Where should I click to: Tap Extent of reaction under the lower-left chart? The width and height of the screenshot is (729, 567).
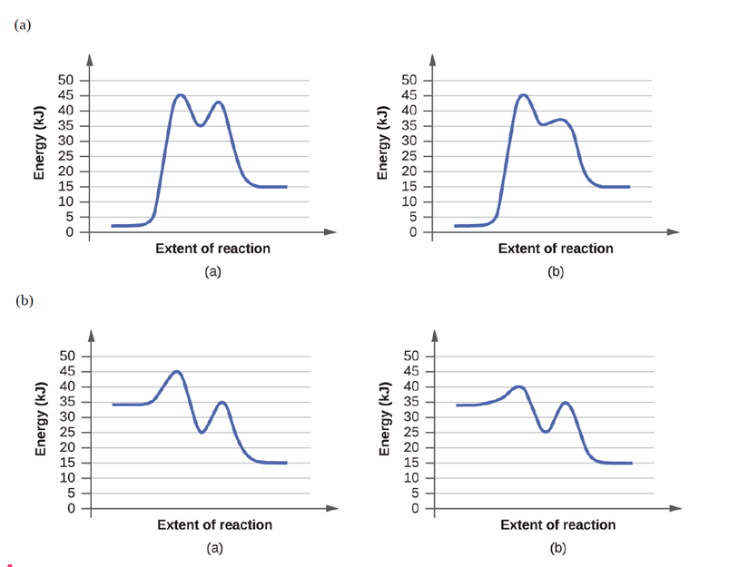(214, 524)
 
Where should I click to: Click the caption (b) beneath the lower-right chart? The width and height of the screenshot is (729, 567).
(557, 548)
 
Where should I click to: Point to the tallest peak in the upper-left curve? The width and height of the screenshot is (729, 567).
(180, 94)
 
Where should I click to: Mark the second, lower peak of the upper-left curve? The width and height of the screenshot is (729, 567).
(218, 102)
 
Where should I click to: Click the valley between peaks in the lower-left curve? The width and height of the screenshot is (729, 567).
(202, 433)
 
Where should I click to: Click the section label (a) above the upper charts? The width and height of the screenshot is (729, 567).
(23, 24)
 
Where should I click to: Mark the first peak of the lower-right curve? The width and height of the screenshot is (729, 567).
(518, 386)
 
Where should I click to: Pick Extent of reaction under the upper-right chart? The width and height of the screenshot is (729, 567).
(556, 249)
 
